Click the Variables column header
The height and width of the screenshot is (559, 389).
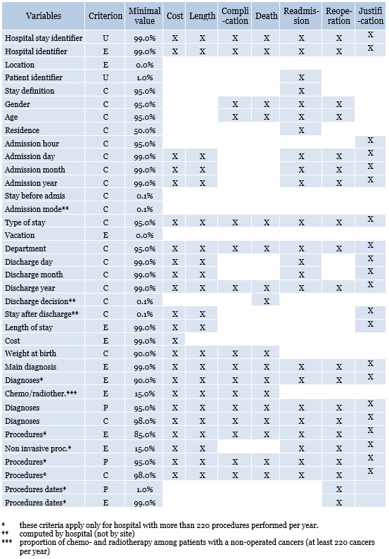[44, 15]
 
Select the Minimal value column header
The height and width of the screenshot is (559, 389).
[144, 15]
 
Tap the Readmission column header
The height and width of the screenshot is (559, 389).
[301, 15]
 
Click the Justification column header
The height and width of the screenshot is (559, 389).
[371, 15]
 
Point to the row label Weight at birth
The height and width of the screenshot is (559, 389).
[31, 353]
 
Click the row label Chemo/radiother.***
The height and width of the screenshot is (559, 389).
[41, 394]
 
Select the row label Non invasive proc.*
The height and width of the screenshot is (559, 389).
[38, 448]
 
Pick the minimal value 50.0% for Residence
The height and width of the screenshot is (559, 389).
[144, 130]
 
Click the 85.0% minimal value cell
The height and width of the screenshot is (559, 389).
[144, 434]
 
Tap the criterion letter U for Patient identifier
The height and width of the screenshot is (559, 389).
[106, 77]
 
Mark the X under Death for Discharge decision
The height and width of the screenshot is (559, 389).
[267, 301]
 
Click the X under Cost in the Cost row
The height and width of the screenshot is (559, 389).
[175, 341]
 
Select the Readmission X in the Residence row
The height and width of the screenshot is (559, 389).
[301, 130]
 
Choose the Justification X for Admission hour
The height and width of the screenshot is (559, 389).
[371, 141]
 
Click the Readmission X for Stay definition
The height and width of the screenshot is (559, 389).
[301, 91]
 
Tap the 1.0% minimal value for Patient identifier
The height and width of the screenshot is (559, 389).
[144, 77]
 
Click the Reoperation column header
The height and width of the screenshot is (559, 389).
[339, 15]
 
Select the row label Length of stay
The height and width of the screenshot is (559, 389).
[29, 327]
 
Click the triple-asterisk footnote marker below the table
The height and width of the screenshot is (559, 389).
[6, 542]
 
